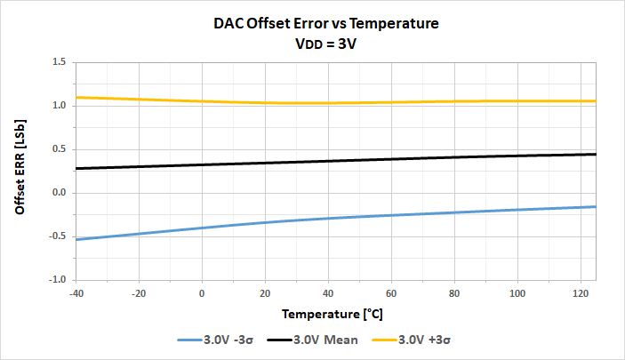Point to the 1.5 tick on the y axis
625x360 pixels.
(x=60, y=62)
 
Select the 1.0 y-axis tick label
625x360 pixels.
(x=60, y=106)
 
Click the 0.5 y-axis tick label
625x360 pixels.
(x=60, y=149)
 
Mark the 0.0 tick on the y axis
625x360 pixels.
(x=60, y=193)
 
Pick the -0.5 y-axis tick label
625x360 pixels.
(x=58, y=236)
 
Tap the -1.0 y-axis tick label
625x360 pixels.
(x=58, y=280)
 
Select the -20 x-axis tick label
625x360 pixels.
(x=139, y=292)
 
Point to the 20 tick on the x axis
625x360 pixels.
(x=265, y=292)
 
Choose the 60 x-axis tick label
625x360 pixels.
(x=391, y=292)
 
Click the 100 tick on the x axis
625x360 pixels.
(x=517, y=292)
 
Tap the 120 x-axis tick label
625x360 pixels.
(x=581, y=292)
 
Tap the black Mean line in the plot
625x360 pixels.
(x=329, y=161)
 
